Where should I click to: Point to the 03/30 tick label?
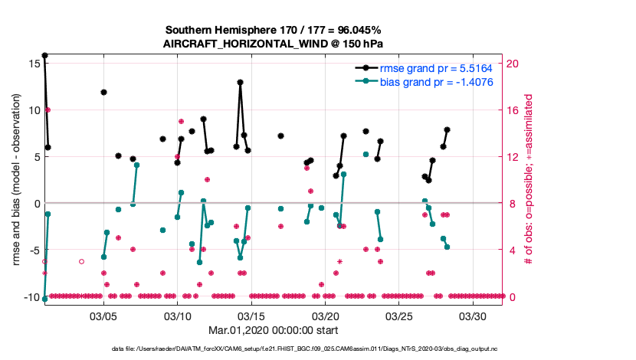[473, 316]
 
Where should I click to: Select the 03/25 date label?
[399, 316]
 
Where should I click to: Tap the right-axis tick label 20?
[516, 63]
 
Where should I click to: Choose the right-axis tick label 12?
[516, 157]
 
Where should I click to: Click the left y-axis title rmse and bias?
[16, 180]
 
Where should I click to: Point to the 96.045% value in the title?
[356, 29]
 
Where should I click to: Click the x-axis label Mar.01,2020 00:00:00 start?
[274, 330]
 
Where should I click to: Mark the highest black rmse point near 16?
[44, 55]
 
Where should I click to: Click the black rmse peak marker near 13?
[241, 82]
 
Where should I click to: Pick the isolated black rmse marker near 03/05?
[103, 92]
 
